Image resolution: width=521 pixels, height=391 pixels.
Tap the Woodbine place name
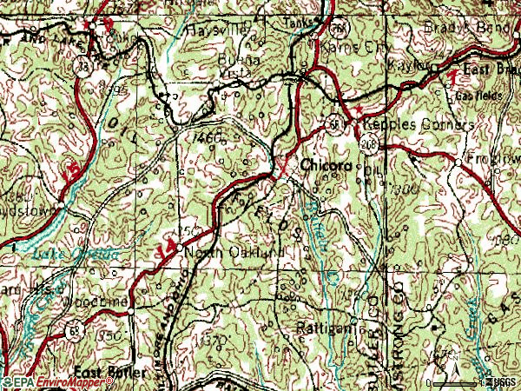[x=103, y=301]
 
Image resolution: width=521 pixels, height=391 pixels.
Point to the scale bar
[x=456, y=381]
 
